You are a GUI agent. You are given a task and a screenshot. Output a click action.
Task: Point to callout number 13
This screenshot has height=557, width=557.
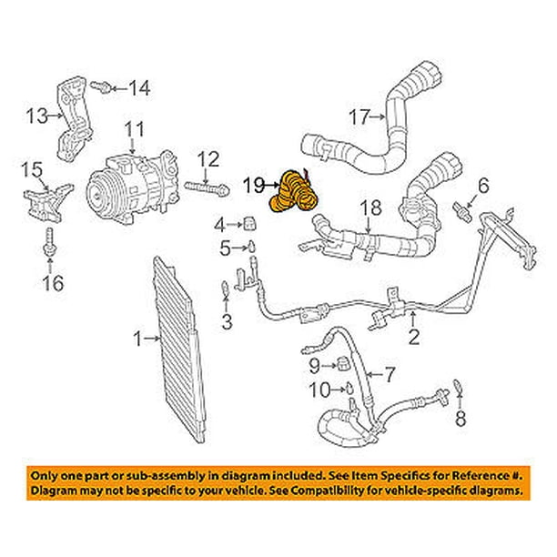pyautogui.click(x=35, y=115)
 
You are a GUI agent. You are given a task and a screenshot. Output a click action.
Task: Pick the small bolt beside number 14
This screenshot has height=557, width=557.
pyautogui.click(x=106, y=87)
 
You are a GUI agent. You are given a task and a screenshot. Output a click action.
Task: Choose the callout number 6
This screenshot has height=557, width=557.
pyautogui.click(x=482, y=186)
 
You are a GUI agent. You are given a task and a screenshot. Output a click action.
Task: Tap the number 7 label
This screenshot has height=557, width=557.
pyautogui.click(x=390, y=374)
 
